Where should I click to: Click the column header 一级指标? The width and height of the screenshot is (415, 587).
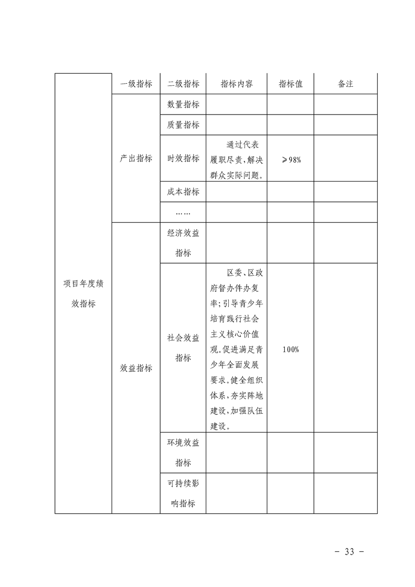click(x=136, y=84)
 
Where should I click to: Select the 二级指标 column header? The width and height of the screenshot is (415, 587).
click(x=183, y=84)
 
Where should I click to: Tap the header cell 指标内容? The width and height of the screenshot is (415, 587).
click(x=237, y=84)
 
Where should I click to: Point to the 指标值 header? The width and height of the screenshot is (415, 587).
click(x=290, y=84)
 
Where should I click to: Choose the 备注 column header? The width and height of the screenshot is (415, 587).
click(x=345, y=84)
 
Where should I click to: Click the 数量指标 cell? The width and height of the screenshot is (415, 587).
click(x=183, y=104)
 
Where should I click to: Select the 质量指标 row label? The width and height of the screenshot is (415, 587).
click(x=183, y=125)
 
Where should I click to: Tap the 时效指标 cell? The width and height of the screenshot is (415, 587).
click(x=183, y=159)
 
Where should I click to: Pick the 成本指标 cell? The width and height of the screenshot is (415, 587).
click(x=183, y=191)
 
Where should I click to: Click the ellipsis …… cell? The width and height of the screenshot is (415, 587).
click(x=183, y=212)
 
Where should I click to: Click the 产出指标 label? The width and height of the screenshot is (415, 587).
click(x=136, y=159)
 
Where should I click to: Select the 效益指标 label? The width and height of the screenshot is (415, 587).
click(x=136, y=368)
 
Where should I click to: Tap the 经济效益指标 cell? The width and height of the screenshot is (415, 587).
click(x=183, y=243)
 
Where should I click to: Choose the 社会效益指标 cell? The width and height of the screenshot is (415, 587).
click(x=183, y=348)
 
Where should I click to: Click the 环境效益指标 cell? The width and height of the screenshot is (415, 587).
click(x=183, y=453)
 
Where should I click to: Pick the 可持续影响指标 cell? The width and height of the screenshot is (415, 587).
click(x=183, y=493)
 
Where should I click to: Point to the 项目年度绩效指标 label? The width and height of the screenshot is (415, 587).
click(x=83, y=293)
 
